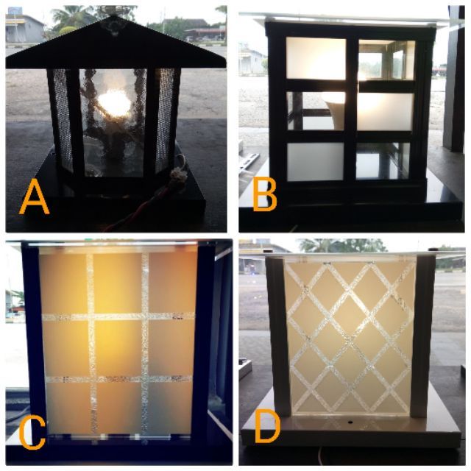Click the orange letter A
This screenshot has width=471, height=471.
click(34, 197)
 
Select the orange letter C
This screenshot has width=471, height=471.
click(32, 433)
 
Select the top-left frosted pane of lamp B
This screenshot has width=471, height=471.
click(316, 59)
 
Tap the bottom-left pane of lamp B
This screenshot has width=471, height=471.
click(315, 162)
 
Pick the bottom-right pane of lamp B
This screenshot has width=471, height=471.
click(383, 161)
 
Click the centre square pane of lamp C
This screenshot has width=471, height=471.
click(118, 347)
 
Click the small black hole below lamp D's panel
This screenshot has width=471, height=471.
click(350, 422)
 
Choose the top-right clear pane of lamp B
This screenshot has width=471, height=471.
click(386, 60)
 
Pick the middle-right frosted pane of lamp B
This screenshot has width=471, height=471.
click(385, 112)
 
